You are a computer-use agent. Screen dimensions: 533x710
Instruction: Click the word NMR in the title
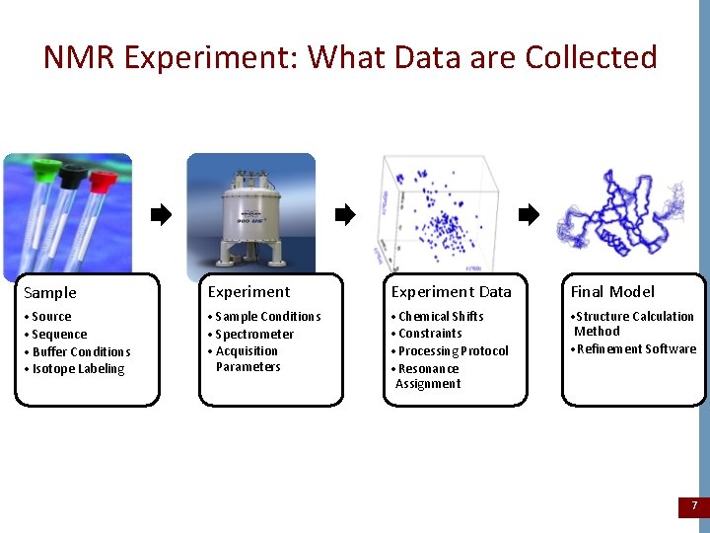82,57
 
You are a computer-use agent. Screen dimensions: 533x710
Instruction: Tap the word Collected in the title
591,57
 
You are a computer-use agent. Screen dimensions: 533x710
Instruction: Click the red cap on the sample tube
103,181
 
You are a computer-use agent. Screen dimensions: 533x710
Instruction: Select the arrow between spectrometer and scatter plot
344,214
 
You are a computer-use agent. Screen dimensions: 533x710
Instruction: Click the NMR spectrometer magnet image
250,217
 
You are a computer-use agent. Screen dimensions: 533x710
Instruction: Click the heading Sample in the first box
49,293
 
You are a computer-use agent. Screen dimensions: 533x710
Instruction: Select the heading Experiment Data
451,292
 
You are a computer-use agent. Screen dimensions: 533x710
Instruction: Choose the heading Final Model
612,292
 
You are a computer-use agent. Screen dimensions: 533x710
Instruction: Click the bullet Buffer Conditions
80,352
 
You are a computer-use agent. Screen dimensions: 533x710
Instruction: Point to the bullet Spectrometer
253,335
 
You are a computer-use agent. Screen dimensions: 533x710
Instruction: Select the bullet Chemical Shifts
440,317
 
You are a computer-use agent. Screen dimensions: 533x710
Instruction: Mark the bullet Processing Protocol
453,351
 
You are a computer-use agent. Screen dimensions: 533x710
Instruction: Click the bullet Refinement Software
635,349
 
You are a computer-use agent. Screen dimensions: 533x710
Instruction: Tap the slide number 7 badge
693,506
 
